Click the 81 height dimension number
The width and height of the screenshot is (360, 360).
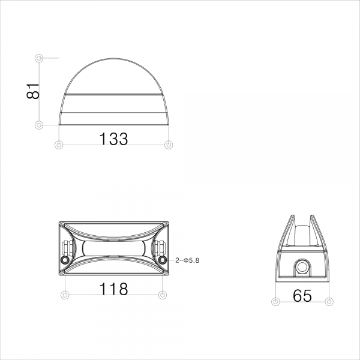33,91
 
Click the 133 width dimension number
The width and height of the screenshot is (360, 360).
113,139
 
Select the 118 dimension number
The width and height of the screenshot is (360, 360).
113,289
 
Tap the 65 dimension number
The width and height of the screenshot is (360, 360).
302,295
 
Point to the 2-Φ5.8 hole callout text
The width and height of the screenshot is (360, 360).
187,260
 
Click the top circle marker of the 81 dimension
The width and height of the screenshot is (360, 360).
39,58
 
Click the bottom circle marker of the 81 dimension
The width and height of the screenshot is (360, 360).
39,125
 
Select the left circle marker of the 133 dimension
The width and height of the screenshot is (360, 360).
59,145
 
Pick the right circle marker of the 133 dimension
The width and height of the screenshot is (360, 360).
169,145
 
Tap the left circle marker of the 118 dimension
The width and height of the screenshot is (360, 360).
65,295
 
